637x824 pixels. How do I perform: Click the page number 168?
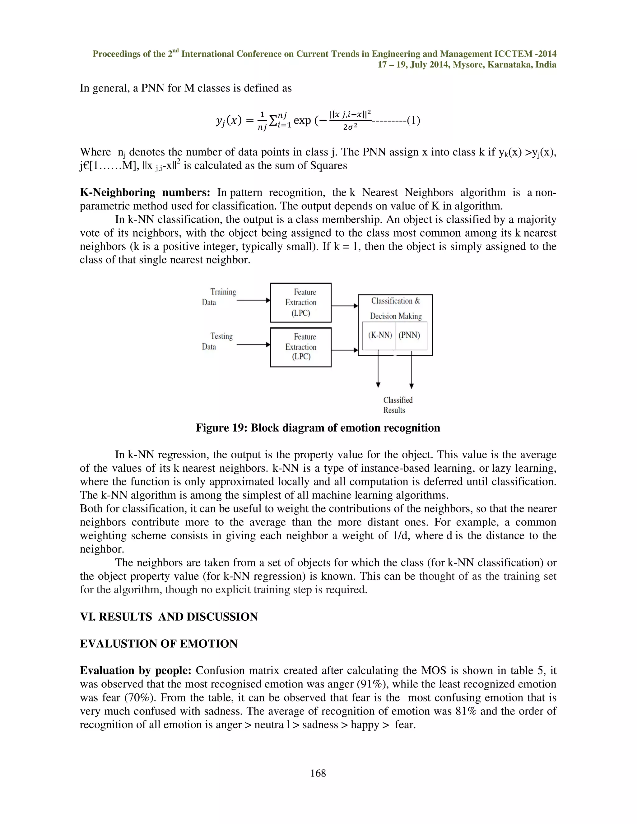pyautogui.click(x=318, y=773)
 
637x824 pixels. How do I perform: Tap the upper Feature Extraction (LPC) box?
pyautogui.click(x=301, y=303)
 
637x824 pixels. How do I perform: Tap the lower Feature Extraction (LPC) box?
pyautogui.click(x=301, y=347)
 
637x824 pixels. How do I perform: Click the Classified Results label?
pyautogui.click(x=398, y=405)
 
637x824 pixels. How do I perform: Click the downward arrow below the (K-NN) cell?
pyautogui.click(x=378, y=370)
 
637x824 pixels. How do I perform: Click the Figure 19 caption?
pyautogui.click(x=318, y=428)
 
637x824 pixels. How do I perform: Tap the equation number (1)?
pyautogui.click(x=414, y=120)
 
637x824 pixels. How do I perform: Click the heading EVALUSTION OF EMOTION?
pyautogui.click(x=159, y=643)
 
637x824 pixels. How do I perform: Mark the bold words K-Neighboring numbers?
pyautogui.click(x=145, y=192)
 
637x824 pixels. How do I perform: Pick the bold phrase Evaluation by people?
pyautogui.click(x=136, y=670)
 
